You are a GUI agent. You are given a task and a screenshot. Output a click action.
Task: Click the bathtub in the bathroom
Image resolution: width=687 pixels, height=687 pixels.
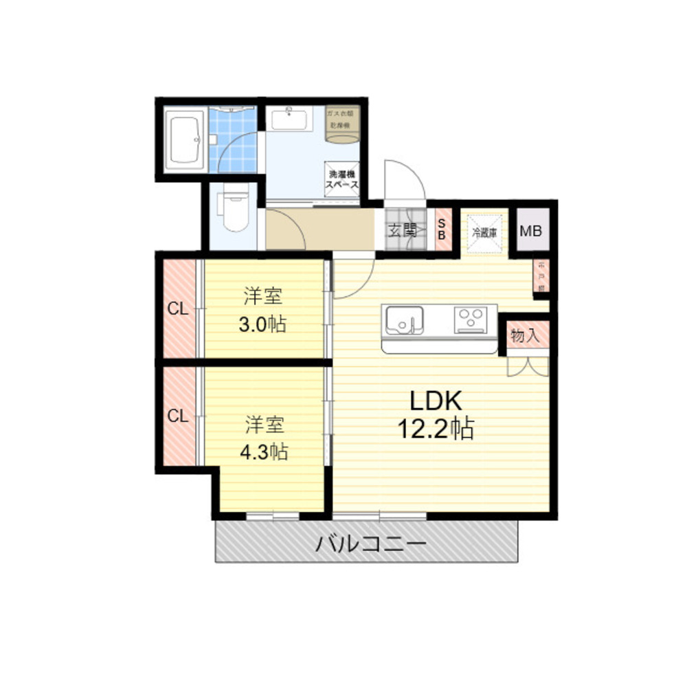183,140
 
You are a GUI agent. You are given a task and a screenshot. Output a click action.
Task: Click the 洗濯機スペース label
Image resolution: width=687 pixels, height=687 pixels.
343,180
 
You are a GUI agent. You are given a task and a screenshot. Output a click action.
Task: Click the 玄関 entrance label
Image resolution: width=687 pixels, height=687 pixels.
403,231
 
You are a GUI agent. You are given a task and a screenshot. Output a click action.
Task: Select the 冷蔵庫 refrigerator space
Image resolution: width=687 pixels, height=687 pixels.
484,231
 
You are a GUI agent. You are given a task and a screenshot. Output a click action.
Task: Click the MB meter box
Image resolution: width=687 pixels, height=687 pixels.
530,231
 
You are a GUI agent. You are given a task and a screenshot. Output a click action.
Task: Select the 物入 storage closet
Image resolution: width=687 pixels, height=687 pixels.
525,337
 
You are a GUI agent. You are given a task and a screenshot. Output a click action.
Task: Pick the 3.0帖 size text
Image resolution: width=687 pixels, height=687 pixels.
262,324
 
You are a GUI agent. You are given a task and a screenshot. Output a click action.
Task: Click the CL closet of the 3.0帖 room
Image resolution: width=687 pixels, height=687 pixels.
178,309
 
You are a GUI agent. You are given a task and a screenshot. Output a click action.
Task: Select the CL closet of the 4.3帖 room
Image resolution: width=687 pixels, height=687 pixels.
178,416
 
